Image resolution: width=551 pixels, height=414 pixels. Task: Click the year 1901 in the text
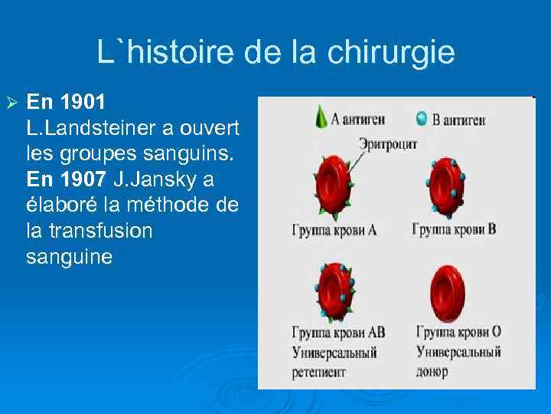click(x=80, y=101)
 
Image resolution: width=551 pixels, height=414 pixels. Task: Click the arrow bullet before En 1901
click(x=10, y=102)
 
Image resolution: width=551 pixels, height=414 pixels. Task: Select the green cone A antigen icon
click(x=320, y=117)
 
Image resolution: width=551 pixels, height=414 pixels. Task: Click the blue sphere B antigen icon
click(x=421, y=118)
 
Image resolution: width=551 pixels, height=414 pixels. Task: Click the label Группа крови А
click(x=332, y=229)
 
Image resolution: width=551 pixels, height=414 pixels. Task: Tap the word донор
click(x=432, y=371)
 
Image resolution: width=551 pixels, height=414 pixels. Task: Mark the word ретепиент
click(x=318, y=372)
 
